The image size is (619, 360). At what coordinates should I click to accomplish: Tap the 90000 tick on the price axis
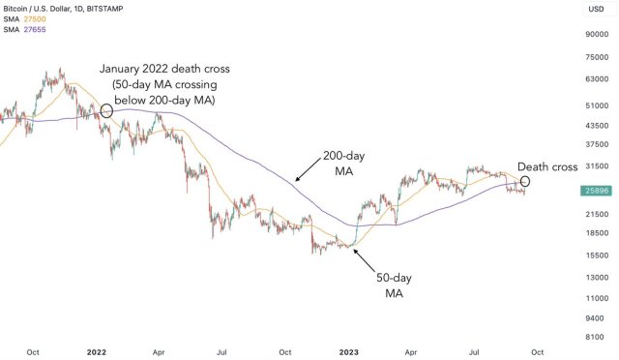point(595,35)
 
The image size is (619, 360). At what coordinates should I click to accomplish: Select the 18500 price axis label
point(595,233)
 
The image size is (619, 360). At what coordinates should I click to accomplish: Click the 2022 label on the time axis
point(97,351)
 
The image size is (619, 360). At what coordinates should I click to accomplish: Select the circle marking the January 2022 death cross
point(106,111)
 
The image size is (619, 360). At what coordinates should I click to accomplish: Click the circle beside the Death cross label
point(525,181)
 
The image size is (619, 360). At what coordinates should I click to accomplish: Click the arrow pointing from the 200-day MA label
point(308,172)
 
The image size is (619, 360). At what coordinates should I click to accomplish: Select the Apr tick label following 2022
point(160,351)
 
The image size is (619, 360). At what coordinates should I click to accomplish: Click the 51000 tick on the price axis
point(595,105)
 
